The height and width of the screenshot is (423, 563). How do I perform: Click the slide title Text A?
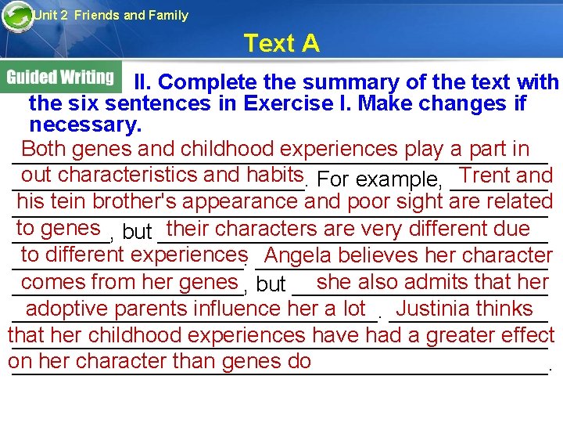click(x=281, y=43)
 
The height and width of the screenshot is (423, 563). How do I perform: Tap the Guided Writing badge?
click(x=61, y=77)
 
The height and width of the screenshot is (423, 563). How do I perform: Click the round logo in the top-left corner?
click(x=17, y=16)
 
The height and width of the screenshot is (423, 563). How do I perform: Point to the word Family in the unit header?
click(x=168, y=15)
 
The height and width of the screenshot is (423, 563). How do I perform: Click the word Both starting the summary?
click(x=44, y=149)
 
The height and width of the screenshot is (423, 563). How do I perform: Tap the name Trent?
click(x=486, y=175)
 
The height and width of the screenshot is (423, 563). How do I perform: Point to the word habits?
click(x=274, y=175)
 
